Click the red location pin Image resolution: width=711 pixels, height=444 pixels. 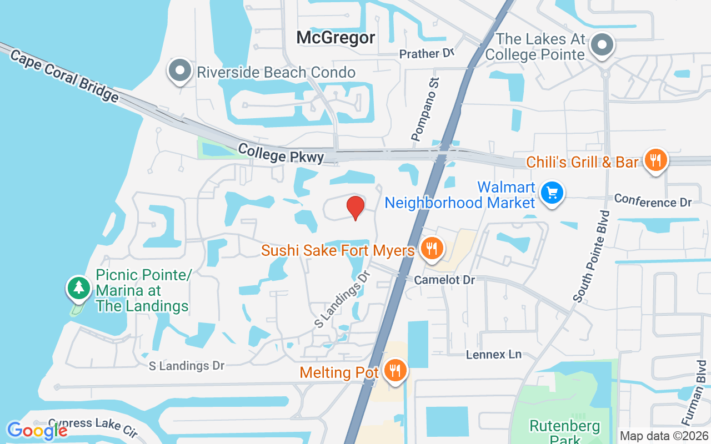pos(355,208)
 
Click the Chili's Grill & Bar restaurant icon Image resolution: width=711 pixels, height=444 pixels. pos(656,160)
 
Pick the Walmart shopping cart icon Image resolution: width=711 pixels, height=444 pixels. pos(552,194)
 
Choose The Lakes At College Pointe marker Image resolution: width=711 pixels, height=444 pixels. pos(602,45)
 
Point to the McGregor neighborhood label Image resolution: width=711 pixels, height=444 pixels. pos(336,38)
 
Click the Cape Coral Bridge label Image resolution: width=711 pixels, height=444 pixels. pos(64,76)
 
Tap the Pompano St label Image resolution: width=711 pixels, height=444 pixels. pos(425,109)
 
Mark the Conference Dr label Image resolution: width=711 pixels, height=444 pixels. pos(653,201)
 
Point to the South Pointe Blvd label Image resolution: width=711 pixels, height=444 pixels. pos(592,256)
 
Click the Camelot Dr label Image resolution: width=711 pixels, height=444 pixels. pos(444,280)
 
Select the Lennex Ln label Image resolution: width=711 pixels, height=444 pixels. pos(493,354)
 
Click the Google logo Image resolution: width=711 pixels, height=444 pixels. pos(37,430)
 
